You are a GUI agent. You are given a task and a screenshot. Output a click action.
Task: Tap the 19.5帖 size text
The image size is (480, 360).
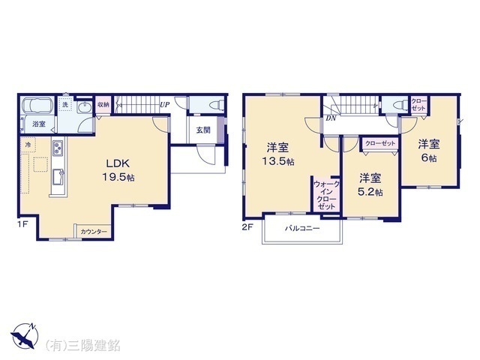118,176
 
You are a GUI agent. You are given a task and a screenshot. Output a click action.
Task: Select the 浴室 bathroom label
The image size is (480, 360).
37,124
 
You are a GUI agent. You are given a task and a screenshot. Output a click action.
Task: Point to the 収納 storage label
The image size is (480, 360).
103,105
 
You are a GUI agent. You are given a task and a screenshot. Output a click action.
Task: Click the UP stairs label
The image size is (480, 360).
163,104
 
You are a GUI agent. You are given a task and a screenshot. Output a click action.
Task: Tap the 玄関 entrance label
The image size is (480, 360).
203,129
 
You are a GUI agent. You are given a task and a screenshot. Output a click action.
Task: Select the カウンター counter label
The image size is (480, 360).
94,232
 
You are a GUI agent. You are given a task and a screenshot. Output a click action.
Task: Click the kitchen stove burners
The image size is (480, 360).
57,148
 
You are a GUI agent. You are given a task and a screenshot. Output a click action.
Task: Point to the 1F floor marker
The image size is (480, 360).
22,224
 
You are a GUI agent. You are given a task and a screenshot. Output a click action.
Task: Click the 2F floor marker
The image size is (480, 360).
248,224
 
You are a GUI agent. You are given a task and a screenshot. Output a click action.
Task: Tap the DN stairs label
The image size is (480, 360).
331,118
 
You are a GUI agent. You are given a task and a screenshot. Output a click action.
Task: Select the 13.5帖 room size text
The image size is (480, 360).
278,161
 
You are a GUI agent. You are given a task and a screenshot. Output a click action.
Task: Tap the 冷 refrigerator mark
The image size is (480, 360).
28,143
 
